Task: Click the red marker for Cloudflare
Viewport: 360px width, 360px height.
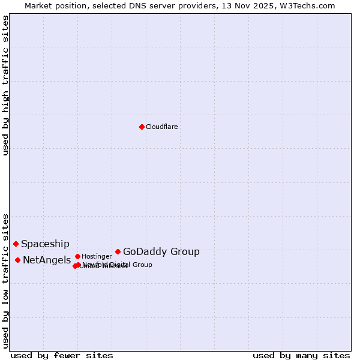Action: pyautogui.click(x=142, y=127)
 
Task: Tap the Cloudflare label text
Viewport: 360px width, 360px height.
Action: pyautogui.click(x=162, y=127)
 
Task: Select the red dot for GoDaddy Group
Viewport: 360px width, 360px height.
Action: pyautogui.click(x=118, y=251)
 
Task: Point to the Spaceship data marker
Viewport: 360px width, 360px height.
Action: pyautogui.click(x=16, y=244)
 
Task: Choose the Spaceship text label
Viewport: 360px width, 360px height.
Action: pyautogui.click(x=45, y=244)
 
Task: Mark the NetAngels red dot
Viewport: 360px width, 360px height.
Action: pyautogui.click(x=17, y=260)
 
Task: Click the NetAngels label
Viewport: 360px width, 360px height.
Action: pyautogui.click(x=47, y=260)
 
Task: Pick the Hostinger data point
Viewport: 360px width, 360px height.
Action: pyautogui.click(x=77, y=256)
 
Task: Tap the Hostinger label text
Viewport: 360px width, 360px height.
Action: pyautogui.click(x=97, y=256)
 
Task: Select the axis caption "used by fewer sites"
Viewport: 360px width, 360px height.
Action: pyautogui.click(x=62, y=355)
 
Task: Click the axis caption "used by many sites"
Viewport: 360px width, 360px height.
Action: pyautogui.click(x=301, y=355)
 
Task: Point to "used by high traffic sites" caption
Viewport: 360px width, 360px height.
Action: pyautogui.click(x=6, y=85)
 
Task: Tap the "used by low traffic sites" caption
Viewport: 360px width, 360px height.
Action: pyautogui.click(x=6, y=280)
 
